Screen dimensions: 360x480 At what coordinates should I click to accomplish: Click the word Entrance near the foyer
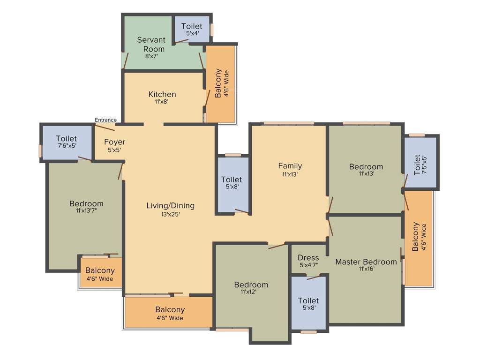click(105, 120)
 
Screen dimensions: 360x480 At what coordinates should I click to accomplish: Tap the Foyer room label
click(115, 142)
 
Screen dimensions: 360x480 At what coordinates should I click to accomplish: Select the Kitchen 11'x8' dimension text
click(162, 101)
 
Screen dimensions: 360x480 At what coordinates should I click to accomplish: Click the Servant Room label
click(151, 45)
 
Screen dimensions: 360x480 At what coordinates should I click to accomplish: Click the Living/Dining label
click(170, 206)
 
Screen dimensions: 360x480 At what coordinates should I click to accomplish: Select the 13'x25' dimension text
click(170, 214)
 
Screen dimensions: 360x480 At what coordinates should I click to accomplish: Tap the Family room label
click(290, 165)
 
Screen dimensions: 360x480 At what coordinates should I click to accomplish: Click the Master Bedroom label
click(366, 262)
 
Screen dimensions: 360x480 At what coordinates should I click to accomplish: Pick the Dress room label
click(308, 258)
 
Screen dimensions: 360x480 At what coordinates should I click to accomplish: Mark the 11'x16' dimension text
click(366, 269)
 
